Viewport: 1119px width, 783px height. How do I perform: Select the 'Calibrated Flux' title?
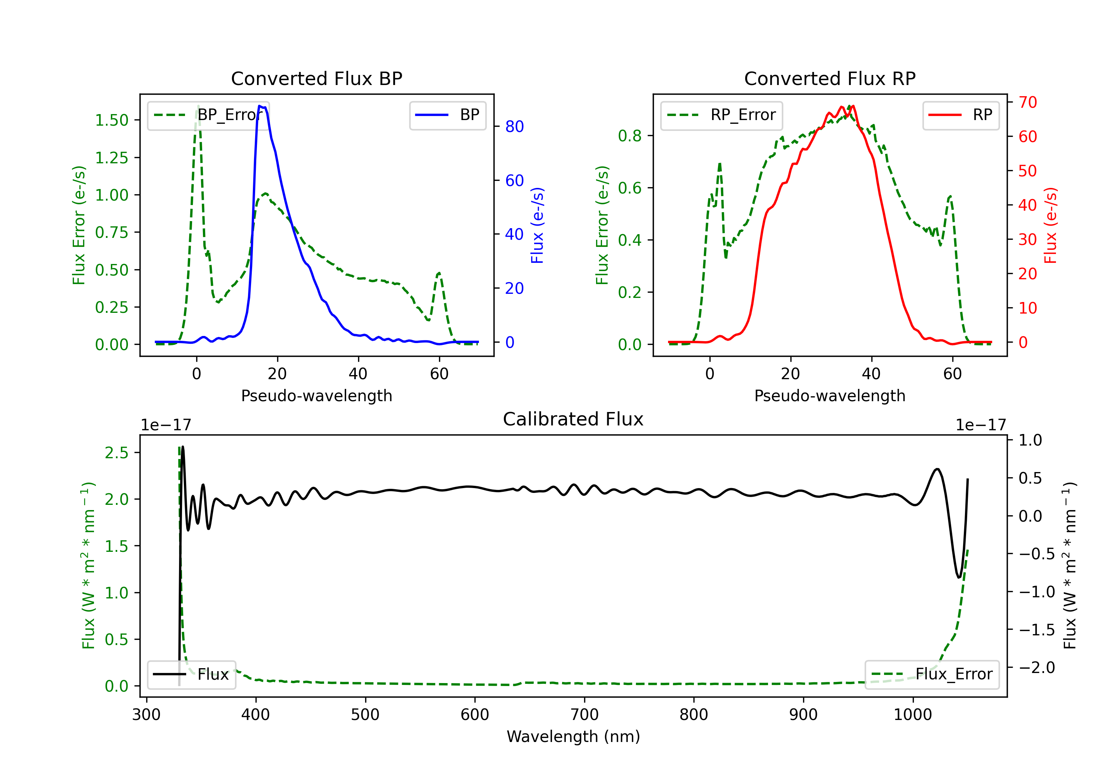pos(573,419)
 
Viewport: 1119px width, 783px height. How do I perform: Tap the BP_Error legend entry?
pos(208,115)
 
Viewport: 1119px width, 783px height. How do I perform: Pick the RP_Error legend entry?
pos(721,115)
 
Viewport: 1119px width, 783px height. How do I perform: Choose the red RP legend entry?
pos(960,115)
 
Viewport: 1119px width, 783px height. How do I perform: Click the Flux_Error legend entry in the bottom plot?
pos(931,674)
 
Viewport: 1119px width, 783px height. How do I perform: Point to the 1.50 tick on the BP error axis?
pos(112,120)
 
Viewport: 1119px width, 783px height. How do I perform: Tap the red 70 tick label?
pos(1028,102)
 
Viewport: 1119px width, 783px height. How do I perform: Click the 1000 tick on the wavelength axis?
pos(913,715)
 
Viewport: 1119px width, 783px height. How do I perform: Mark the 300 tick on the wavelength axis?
pos(146,715)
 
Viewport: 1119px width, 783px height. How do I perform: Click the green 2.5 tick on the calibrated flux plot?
pos(116,453)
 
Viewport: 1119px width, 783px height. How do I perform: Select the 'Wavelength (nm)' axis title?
pos(573,737)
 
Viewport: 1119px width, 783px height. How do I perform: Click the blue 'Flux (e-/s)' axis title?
pos(537,226)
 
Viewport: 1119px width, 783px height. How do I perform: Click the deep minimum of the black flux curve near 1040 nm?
pos(959,578)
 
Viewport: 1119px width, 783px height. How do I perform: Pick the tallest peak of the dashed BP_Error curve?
pos(198,106)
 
